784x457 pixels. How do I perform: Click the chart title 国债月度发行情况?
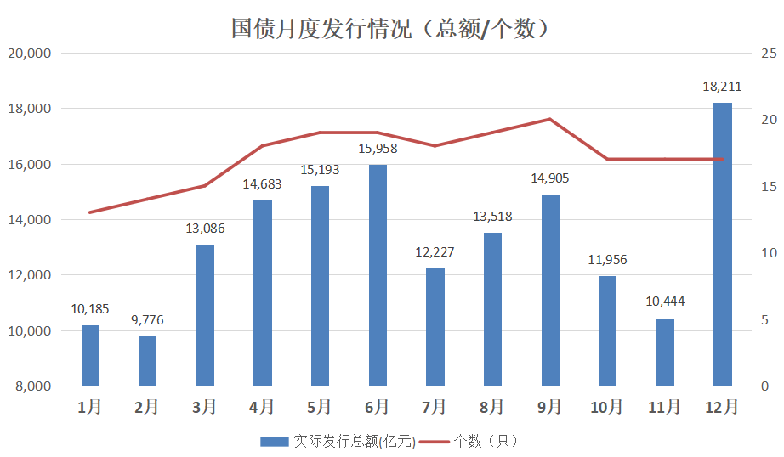[x=392, y=29]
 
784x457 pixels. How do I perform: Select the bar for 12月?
[x=723, y=245]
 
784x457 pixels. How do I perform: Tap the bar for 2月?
[x=148, y=361]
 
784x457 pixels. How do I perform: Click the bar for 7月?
[x=435, y=327]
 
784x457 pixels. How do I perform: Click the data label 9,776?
[x=148, y=320]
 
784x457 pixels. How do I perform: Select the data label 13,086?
[x=205, y=228]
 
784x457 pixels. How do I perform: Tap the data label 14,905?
[x=550, y=178]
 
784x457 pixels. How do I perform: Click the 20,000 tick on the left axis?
[x=30, y=54]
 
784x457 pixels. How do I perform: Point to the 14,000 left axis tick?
[x=30, y=220]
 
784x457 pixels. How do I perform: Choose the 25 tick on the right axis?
[x=770, y=54]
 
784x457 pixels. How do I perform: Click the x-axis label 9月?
[x=550, y=407]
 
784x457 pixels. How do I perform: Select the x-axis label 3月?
[x=205, y=407]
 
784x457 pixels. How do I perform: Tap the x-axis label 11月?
[x=665, y=407]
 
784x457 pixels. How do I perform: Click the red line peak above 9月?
[x=550, y=119]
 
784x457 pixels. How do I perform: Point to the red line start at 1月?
[x=90, y=212]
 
